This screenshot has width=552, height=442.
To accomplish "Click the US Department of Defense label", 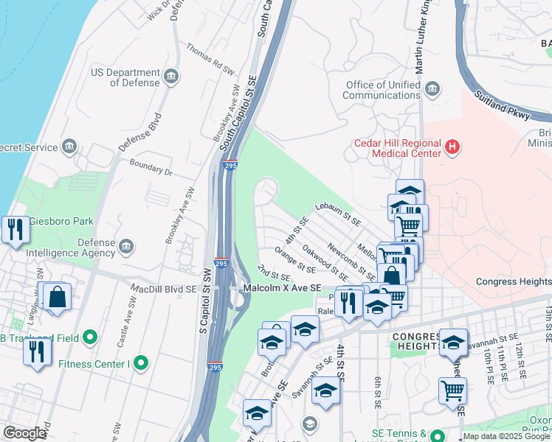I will point(125,77).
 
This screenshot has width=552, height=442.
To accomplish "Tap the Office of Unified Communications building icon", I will point(433,90).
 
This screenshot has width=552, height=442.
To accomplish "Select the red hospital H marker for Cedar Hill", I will point(452,149).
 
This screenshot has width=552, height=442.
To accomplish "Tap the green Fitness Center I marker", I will point(141,362).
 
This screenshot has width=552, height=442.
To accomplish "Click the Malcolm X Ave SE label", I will point(283,288).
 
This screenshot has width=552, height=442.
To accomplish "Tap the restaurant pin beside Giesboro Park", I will point(15,230).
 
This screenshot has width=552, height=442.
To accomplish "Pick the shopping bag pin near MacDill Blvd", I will point(57,298).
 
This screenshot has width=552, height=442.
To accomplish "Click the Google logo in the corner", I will point(25,433).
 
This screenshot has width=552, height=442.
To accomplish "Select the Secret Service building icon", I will point(70,147).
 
